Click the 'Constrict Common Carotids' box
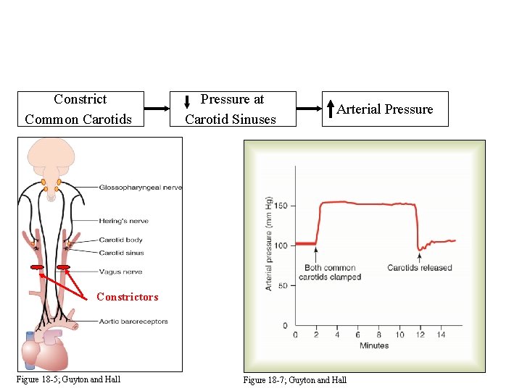[x=80, y=109]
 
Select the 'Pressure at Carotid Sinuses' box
[x=231, y=109]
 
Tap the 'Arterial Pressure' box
[x=385, y=109]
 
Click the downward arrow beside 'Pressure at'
[x=188, y=106]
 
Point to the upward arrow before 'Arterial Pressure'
[x=331, y=109]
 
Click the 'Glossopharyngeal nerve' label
[x=141, y=188]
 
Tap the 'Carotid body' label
[x=121, y=240]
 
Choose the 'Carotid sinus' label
[x=122, y=253]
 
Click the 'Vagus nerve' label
[x=120, y=272]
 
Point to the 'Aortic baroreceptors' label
[x=133, y=321]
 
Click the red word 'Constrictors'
[x=127, y=297]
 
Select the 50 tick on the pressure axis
[x=283, y=285]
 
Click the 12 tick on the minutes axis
[x=420, y=335]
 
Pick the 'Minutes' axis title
[x=374, y=345]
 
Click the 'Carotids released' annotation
[x=419, y=268]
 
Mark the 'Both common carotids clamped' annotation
[x=330, y=272]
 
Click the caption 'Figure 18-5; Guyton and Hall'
[x=69, y=379]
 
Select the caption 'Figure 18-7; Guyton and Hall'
[x=295, y=379]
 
